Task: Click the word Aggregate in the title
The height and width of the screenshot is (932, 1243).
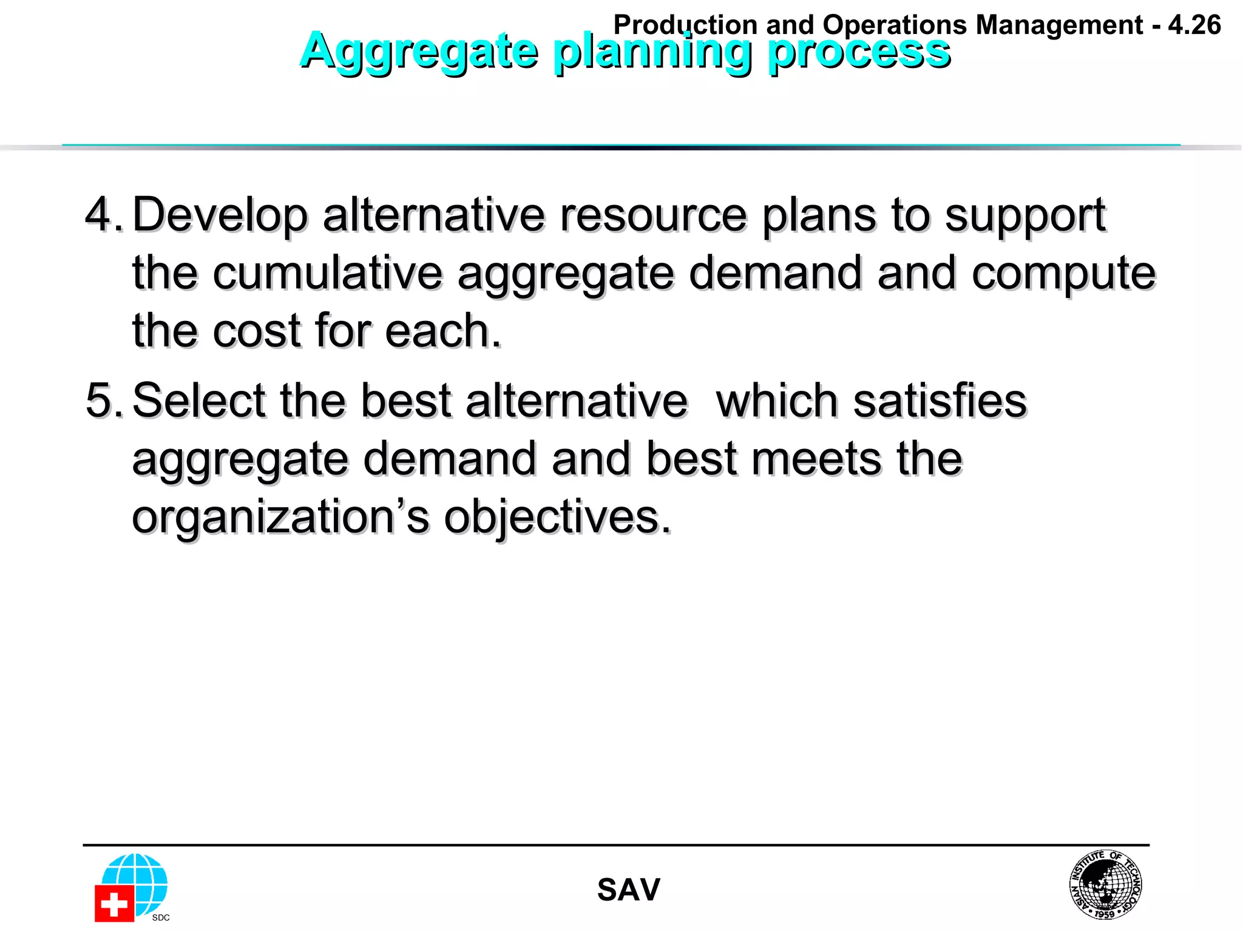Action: (x=419, y=51)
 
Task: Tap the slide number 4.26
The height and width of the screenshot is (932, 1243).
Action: (x=1194, y=25)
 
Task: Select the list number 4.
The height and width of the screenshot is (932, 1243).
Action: (x=103, y=215)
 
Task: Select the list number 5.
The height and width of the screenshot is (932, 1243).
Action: (x=103, y=400)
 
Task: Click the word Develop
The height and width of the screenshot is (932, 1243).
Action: (x=220, y=216)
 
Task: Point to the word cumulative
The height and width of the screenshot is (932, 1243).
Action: (x=328, y=273)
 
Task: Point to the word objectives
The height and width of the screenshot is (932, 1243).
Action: (x=557, y=518)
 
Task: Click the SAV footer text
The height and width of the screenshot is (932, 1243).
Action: (x=628, y=890)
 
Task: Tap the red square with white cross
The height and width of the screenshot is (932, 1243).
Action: (x=113, y=903)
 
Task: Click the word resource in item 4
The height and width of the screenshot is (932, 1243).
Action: (x=653, y=215)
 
